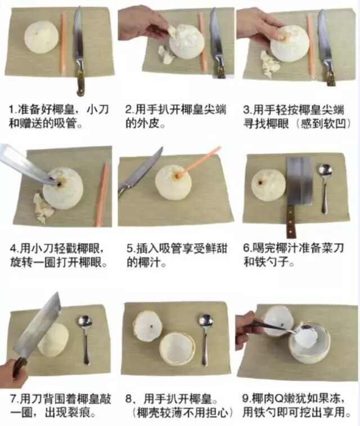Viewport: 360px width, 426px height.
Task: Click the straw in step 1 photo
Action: tap(63, 43)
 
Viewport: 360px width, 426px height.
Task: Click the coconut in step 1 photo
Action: tap(41, 37)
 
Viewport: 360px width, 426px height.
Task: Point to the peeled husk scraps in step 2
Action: tap(165, 55)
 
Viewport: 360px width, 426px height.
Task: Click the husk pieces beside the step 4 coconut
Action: tap(42, 207)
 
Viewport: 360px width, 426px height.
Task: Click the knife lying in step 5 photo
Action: tap(139, 172)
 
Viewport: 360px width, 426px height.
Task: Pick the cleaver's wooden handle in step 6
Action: tap(290, 221)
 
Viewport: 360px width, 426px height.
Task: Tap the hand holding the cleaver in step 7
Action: tap(13, 373)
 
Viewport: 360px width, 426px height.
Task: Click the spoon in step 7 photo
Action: tap(85, 339)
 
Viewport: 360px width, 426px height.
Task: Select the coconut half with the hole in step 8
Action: tap(148, 326)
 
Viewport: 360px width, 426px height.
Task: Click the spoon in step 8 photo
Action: tap(205, 339)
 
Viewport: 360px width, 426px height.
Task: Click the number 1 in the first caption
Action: tap(12, 110)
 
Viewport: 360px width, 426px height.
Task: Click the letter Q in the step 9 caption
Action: tap(279, 398)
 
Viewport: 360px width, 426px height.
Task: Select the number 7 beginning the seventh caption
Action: tap(13, 398)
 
